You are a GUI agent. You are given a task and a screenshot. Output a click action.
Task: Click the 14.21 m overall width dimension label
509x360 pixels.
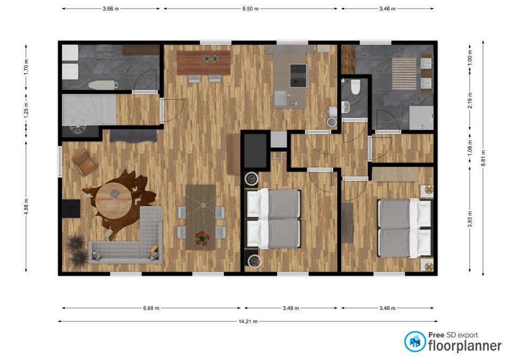(248, 321)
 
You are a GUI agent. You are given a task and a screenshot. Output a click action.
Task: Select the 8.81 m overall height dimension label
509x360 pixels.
(483, 159)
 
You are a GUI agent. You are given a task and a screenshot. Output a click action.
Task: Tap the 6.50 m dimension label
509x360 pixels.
(250, 9)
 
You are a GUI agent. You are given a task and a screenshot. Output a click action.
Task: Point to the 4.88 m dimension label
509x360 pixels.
(27, 206)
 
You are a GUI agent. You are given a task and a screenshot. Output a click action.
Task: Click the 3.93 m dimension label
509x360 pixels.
(470, 219)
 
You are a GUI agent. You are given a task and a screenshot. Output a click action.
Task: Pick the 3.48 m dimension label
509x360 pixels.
(291, 308)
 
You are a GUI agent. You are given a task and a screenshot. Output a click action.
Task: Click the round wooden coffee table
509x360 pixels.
(113, 200)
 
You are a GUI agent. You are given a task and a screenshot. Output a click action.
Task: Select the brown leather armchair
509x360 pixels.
(85, 162)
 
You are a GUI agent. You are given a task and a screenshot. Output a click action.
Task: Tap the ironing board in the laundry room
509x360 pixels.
(102, 85)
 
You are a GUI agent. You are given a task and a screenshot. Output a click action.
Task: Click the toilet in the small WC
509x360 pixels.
(355, 86)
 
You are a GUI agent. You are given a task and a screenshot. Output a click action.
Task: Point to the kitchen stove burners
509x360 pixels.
(299, 76)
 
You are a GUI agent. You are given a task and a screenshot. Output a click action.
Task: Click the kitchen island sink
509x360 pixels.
(281, 99)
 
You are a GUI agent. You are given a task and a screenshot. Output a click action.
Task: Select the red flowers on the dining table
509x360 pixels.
(202, 238)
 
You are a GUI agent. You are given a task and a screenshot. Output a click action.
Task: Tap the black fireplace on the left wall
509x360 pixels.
(71, 208)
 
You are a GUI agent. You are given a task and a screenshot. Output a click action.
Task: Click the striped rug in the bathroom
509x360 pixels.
(404, 74)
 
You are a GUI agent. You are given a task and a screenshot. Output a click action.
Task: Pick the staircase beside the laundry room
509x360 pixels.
(89, 110)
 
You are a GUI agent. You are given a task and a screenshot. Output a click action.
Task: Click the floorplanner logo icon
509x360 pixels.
(415, 341)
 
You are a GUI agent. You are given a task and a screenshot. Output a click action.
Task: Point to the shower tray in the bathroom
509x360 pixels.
(421, 118)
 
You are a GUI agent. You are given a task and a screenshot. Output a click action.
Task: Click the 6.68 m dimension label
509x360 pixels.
(151, 308)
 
